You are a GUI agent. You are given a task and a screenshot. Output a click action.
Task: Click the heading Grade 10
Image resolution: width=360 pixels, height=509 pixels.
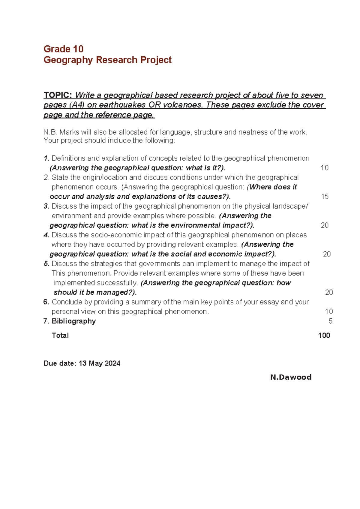coord(63,49)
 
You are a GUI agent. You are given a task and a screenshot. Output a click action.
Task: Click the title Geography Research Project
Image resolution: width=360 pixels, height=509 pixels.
coord(107,60)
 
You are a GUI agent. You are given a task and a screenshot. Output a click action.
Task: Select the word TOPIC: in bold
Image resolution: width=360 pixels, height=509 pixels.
coord(58,95)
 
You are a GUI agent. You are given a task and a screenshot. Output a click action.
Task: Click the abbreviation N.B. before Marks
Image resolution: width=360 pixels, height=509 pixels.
coord(50,132)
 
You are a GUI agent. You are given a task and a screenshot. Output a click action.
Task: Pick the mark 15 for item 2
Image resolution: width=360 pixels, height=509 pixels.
coord(325,197)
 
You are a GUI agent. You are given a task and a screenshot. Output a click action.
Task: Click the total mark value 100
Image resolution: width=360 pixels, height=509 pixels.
coord(324,336)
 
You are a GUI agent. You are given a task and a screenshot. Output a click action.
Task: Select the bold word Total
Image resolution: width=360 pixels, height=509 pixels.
coord(60,336)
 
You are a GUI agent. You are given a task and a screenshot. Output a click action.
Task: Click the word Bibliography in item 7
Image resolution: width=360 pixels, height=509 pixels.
coord(73,321)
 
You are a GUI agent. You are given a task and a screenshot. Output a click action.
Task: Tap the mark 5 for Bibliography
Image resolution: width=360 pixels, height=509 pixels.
coord(330,321)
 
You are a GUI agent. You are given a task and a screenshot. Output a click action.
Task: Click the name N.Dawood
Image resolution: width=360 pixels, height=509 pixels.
coord(291,377)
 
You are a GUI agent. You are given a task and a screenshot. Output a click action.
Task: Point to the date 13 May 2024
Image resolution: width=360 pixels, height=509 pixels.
coord(99,363)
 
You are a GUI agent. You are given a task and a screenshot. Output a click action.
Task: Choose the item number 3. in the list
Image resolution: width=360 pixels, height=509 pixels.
coord(46,206)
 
